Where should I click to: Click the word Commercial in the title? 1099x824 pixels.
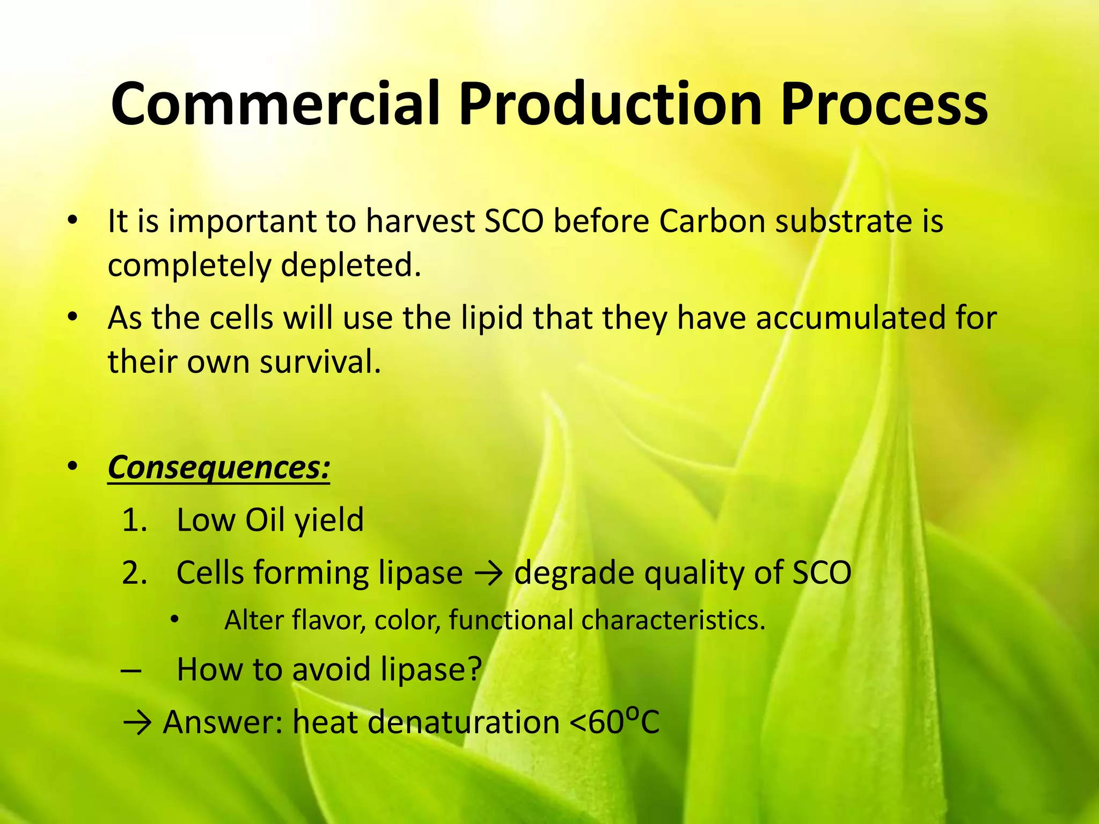click(x=275, y=103)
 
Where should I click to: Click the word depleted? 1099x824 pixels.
click(x=351, y=265)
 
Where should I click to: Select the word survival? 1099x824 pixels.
click(x=320, y=362)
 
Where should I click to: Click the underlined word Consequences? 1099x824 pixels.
click(x=218, y=468)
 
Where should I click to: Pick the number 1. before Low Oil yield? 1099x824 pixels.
click(x=134, y=520)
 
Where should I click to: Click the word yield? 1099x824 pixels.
click(x=329, y=520)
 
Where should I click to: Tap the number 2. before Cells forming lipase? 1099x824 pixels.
click(x=134, y=573)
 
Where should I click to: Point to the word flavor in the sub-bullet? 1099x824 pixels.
click(x=328, y=620)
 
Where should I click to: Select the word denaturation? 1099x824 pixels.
click(x=464, y=722)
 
